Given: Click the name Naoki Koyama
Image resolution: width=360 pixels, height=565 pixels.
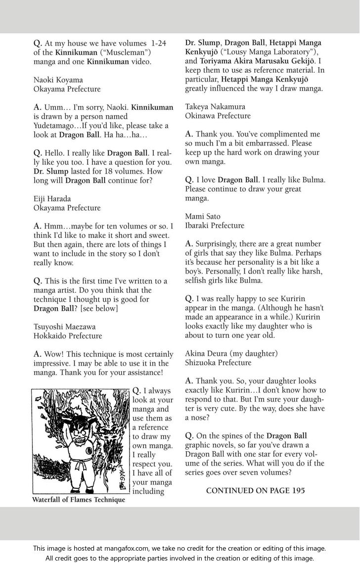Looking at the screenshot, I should click(x=58, y=80).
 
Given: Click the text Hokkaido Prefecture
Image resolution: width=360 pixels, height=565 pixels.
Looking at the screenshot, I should click(x=68, y=336).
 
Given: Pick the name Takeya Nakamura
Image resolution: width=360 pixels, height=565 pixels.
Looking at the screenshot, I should click(x=215, y=106).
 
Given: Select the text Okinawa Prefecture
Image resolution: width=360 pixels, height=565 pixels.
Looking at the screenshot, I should click(x=218, y=116).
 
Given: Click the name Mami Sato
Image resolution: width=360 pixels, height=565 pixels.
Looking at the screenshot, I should click(x=203, y=216).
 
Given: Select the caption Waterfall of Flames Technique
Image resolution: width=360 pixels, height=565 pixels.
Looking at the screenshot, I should click(x=79, y=500).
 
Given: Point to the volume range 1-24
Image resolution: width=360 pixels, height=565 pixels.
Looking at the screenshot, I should click(x=157, y=43).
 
